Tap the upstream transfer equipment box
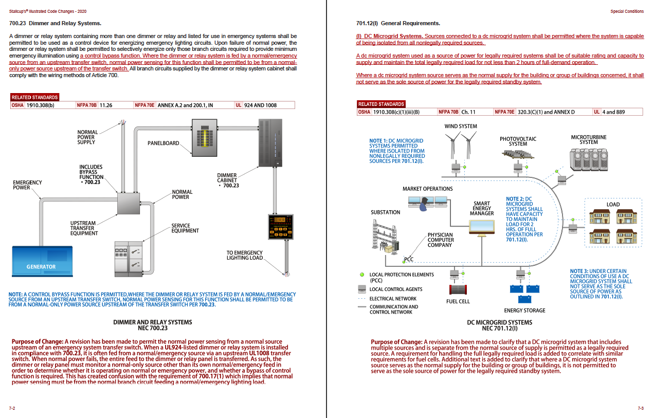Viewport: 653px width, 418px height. (x=129, y=203)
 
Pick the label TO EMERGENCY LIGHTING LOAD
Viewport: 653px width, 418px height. (x=244, y=255)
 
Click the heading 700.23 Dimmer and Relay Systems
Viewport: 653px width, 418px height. (x=55, y=23)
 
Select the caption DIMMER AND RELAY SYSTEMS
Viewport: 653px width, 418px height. (x=153, y=322)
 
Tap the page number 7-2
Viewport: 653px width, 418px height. (x=12, y=408)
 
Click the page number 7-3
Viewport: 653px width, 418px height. (x=640, y=408)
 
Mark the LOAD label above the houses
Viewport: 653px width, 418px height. (x=613, y=205)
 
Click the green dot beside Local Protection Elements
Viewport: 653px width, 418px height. (x=361, y=275)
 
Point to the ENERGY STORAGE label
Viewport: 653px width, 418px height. (x=524, y=311)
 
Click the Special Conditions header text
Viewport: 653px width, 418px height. (x=627, y=11)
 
